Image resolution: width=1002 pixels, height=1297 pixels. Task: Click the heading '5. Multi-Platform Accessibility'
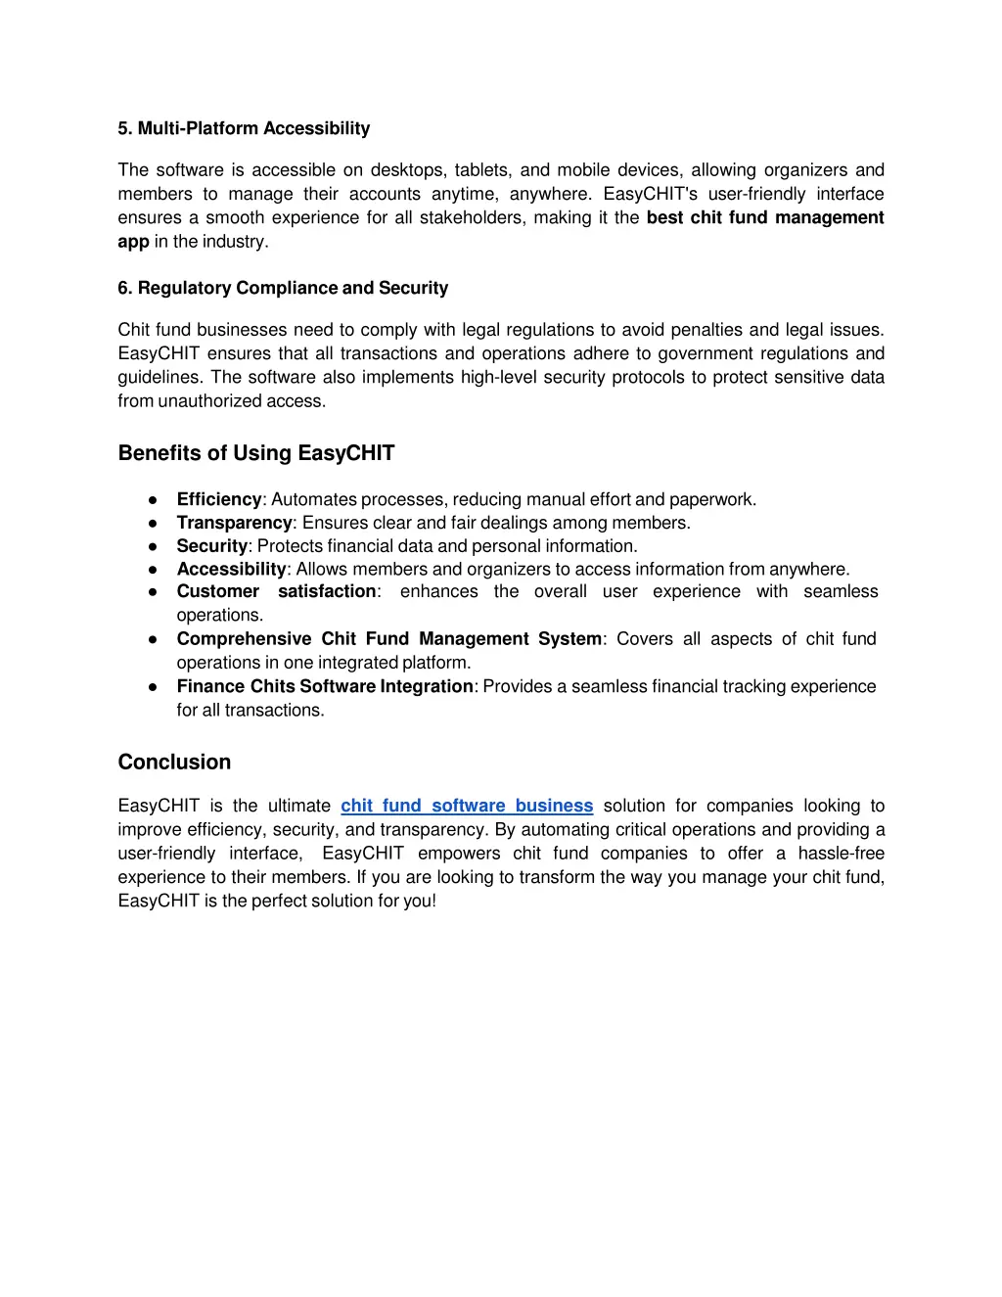(x=244, y=128)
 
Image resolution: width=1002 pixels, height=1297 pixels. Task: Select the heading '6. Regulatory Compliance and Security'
(x=283, y=288)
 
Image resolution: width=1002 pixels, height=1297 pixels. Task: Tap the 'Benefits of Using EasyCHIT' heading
(x=256, y=453)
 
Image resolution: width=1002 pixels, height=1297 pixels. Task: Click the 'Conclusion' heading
(x=174, y=763)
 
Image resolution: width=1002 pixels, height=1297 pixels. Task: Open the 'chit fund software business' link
(x=467, y=806)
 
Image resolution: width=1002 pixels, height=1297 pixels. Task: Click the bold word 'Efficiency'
(x=219, y=499)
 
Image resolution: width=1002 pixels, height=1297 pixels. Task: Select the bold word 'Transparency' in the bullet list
(x=234, y=523)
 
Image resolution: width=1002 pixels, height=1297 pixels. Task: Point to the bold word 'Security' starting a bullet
(x=211, y=546)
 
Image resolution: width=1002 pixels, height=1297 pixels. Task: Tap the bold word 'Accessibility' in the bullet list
(x=231, y=569)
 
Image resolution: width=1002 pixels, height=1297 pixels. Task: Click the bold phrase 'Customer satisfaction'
(x=276, y=591)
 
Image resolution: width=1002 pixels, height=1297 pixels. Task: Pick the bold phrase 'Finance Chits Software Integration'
(x=325, y=686)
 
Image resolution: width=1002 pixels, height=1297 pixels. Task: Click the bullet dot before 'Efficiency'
(x=153, y=500)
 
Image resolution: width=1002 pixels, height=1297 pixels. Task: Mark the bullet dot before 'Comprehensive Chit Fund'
(x=153, y=639)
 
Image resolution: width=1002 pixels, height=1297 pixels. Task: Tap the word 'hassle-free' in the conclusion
(x=841, y=854)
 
